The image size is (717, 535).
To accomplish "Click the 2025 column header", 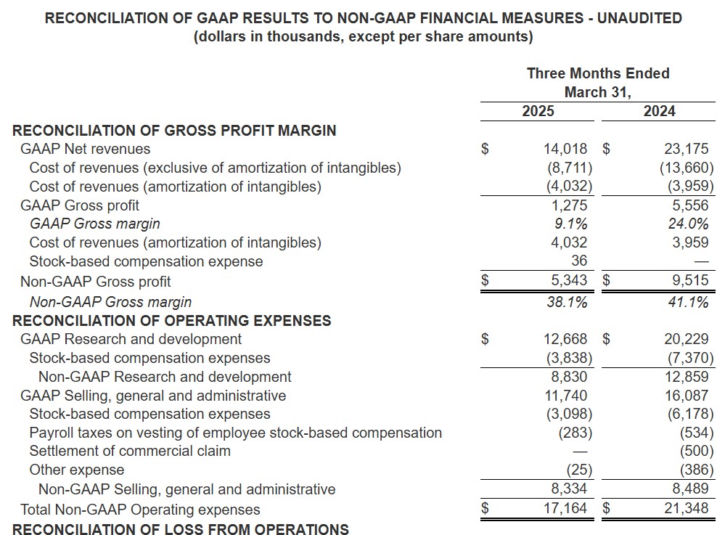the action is point(538,111).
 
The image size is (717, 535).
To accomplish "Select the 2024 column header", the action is point(659,111).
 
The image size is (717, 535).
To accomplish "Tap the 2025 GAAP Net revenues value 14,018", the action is point(565,149).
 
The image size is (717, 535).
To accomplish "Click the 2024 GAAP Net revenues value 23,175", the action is point(687,149).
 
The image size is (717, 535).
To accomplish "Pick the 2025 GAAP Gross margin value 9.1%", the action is point(570,224).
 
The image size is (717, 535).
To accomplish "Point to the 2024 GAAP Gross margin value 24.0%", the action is point(688,224).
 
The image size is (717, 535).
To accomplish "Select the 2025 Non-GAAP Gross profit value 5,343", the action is point(569,280).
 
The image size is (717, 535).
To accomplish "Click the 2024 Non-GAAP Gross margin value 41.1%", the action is point(688,302).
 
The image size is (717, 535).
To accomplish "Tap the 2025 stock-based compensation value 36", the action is point(579,261).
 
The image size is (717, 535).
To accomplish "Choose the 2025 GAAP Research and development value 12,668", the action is point(565,339).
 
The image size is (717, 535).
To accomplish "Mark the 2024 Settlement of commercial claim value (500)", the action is point(697,452).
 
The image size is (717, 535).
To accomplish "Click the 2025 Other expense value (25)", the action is point(579,470).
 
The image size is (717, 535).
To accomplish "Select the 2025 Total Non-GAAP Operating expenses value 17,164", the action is point(565,508).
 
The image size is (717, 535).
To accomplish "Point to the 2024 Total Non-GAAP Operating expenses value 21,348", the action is point(687,508).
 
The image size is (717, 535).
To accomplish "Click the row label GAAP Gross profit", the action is point(80,205).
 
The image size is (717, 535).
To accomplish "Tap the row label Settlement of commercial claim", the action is point(130,451).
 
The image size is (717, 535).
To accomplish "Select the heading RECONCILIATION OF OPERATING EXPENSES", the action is point(171,321).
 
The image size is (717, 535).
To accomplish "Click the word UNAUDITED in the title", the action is point(639,18).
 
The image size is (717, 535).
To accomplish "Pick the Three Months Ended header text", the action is point(598,73).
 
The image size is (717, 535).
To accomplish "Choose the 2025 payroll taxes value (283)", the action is point(575,433).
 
